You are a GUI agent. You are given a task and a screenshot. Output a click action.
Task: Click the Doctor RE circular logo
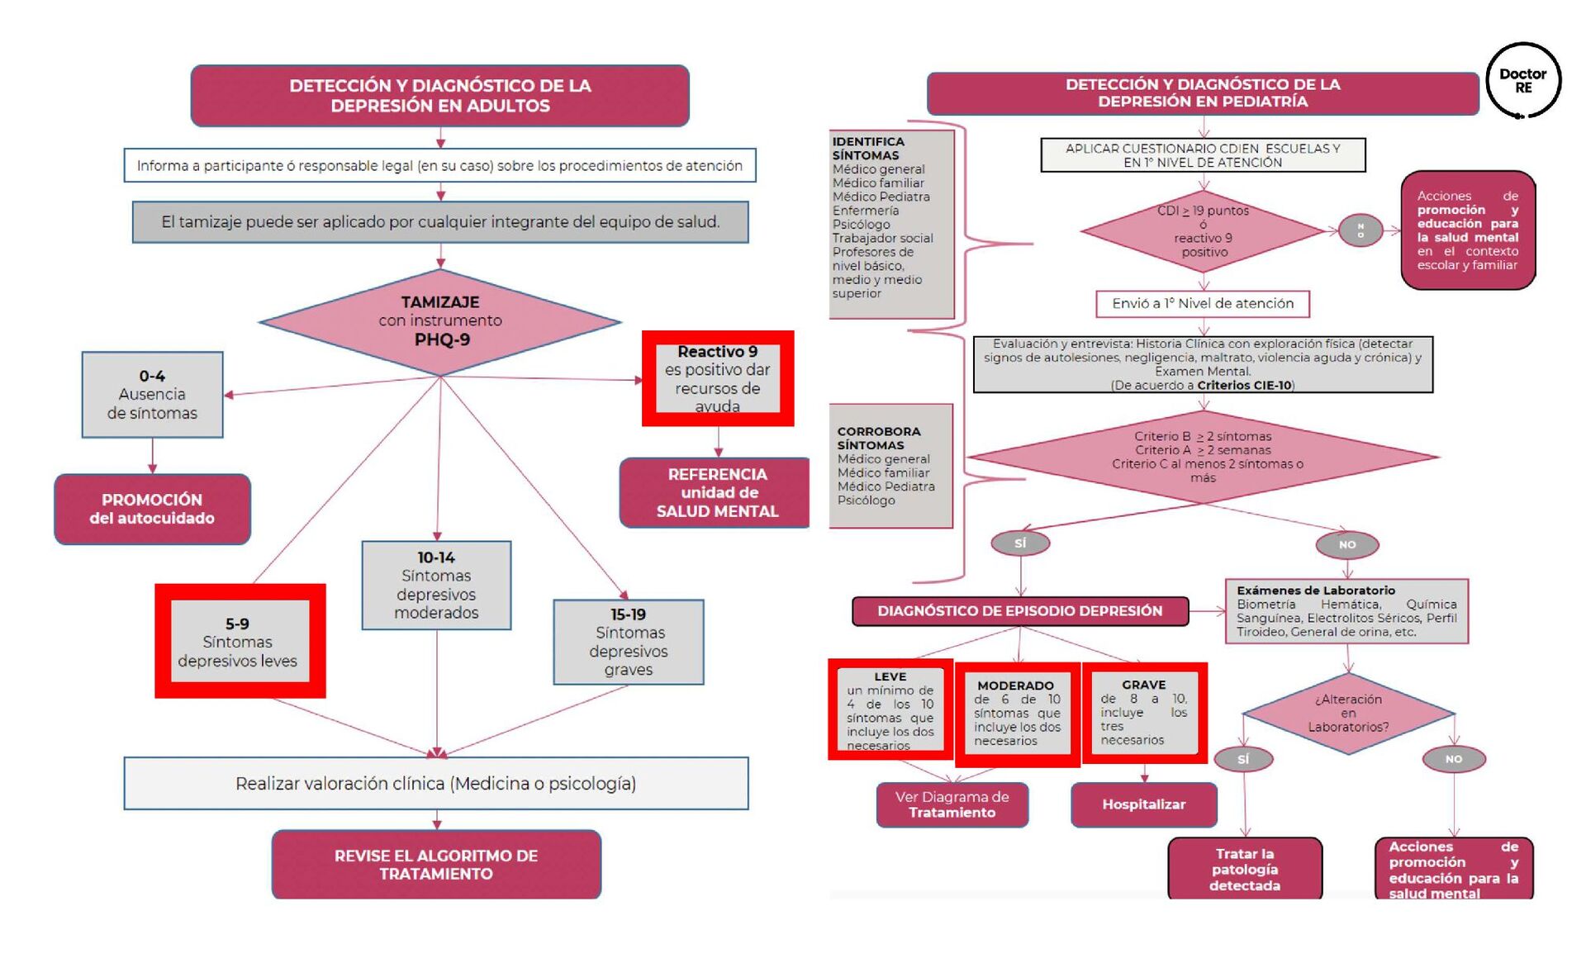click(x=1523, y=81)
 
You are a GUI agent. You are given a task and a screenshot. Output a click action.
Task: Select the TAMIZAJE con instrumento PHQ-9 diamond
click(x=440, y=321)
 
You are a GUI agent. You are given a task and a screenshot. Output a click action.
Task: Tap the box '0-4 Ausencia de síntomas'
click(x=152, y=394)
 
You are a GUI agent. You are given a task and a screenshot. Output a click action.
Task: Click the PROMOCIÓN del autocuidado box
click(x=152, y=509)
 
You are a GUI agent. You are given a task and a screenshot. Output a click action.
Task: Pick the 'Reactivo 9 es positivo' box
click(x=718, y=378)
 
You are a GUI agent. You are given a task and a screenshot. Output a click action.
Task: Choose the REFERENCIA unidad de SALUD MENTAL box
click(x=716, y=492)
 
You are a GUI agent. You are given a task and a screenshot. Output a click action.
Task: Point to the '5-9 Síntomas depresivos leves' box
click(x=239, y=642)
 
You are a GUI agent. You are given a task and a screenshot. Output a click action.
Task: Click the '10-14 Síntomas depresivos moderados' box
click(x=436, y=585)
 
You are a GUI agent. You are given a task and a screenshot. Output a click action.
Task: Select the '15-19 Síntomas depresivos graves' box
click(x=629, y=642)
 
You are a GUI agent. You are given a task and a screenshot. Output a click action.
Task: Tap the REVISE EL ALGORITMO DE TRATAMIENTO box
click(x=436, y=864)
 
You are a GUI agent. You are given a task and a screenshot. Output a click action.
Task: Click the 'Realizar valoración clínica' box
click(x=436, y=783)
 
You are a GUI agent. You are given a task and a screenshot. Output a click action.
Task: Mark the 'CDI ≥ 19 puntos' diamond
click(x=1204, y=231)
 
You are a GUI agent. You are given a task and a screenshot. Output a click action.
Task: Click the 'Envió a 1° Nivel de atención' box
click(x=1203, y=303)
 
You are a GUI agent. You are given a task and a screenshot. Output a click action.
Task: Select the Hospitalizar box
click(x=1143, y=804)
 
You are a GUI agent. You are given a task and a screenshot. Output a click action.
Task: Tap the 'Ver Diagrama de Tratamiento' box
click(x=952, y=804)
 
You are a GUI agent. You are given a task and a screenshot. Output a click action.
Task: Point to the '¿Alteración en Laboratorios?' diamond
click(x=1348, y=713)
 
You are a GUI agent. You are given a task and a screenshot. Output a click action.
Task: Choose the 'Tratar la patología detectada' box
click(x=1245, y=869)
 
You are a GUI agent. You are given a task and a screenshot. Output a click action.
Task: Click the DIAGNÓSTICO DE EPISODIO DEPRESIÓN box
click(x=1020, y=610)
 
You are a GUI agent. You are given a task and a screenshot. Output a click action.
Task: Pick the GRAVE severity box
click(x=1144, y=712)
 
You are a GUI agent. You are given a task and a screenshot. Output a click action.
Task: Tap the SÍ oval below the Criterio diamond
click(x=1020, y=543)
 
